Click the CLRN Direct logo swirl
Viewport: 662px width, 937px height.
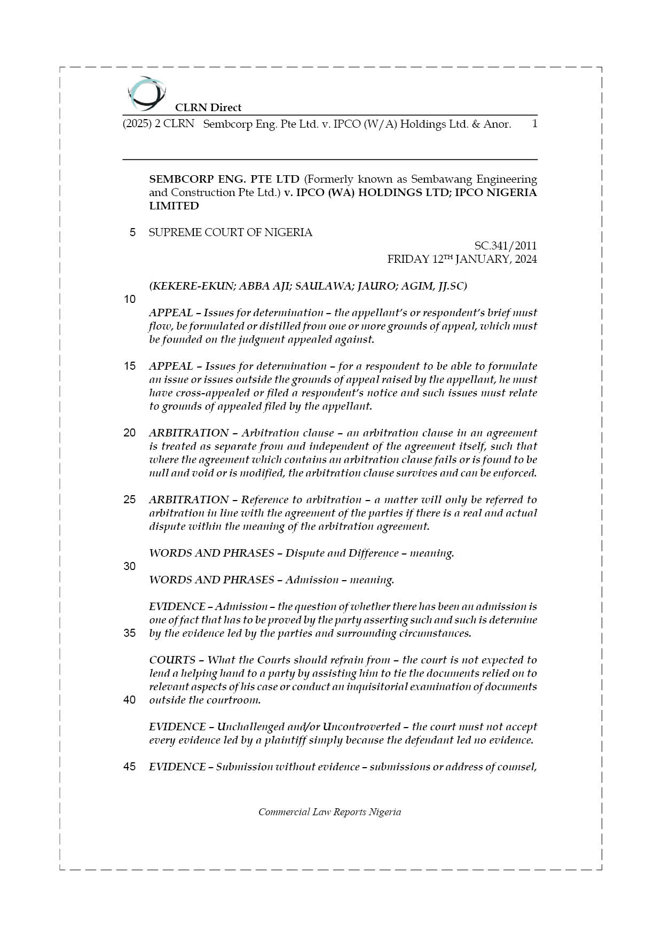pyautogui.click(x=146, y=93)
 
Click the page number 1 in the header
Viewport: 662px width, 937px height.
pyautogui.click(x=534, y=124)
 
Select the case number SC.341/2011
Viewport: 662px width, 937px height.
pyautogui.click(x=505, y=246)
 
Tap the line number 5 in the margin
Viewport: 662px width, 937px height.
pyautogui.click(x=132, y=233)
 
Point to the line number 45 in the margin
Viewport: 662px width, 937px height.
pyautogui.click(x=130, y=767)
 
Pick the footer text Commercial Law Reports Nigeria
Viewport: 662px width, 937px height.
pyautogui.click(x=329, y=812)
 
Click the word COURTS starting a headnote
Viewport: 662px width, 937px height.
pyautogui.click(x=172, y=660)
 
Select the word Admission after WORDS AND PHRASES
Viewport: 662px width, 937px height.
pyautogui.click(x=312, y=580)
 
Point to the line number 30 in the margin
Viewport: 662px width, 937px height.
pyautogui.click(x=130, y=566)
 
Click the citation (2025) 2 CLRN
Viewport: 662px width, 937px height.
pyautogui.click(x=158, y=124)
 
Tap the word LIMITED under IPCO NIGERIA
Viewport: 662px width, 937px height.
pyautogui.click(x=174, y=206)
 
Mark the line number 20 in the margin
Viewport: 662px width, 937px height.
pyautogui.click(x=130, y=433)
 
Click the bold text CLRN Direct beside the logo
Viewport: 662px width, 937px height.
pyautogui.click(x=208, y=107)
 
